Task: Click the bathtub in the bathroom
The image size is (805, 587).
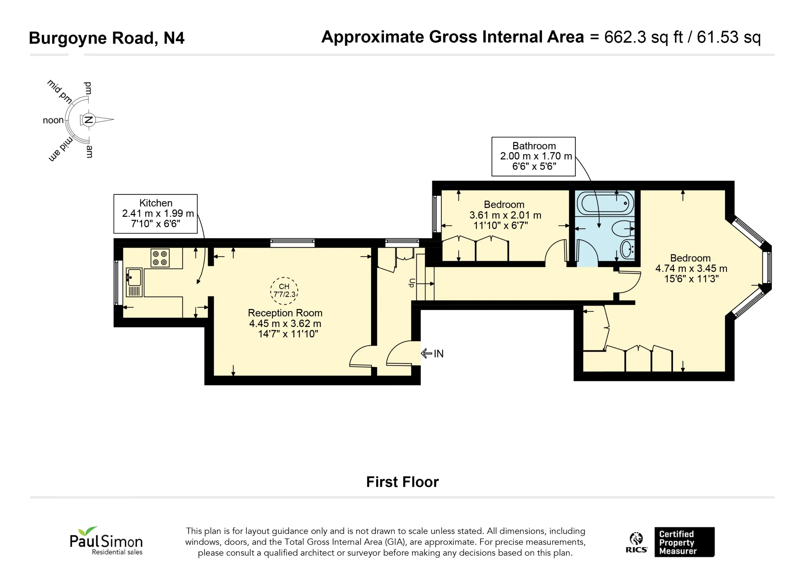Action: tap(606, 203)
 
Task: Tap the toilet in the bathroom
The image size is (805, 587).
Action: tap(623, 229)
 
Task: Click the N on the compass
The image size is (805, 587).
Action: tap(89, 120)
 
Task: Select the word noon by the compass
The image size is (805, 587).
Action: tap(53, 120)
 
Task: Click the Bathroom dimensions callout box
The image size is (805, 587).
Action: tap(534, 156)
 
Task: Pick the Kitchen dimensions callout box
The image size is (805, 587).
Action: tap(155, 213)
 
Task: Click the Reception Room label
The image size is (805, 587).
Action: tap(285, 313)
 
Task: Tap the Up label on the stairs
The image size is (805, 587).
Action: tap(412, 283)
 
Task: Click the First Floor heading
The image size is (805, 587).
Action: tap(402, 482)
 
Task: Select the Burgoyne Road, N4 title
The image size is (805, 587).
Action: tap(107, 38)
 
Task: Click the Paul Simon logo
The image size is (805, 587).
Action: tap(106, 540)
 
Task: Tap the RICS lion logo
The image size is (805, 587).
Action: tap(636, 542)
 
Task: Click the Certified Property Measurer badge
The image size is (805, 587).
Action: tap(685, 542)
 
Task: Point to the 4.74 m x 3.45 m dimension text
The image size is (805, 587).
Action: tap(691, 268)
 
